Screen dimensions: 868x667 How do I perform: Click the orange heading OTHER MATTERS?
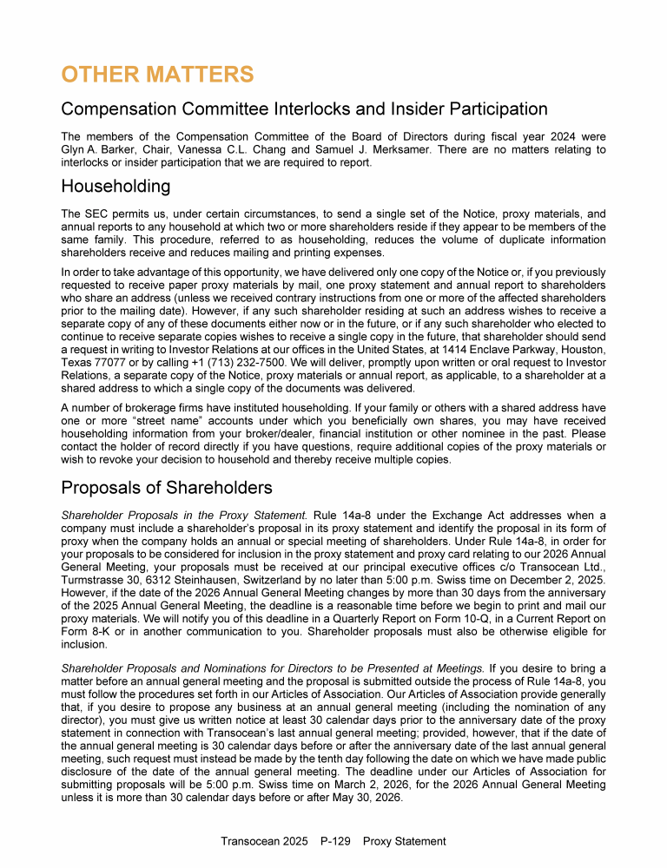157,75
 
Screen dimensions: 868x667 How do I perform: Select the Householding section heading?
116,186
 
